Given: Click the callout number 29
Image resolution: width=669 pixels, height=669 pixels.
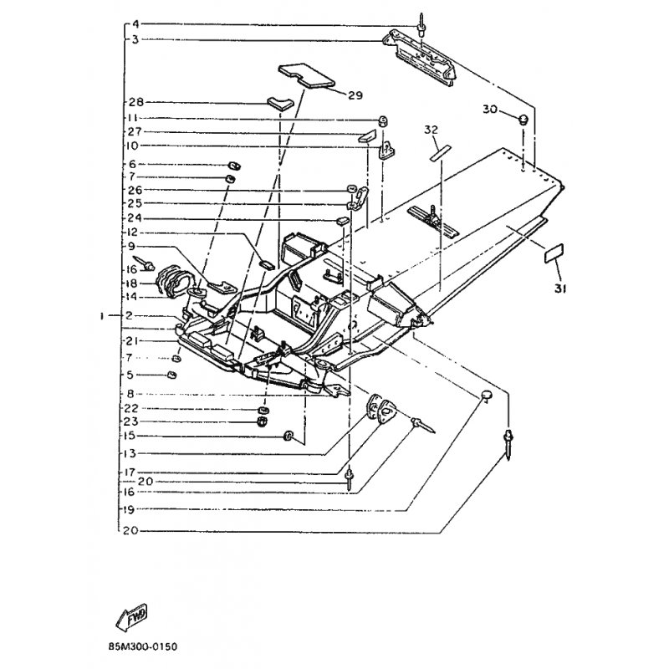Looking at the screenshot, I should click(x=355, y=95).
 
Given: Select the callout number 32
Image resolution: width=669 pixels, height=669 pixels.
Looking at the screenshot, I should click(x=431, y=130).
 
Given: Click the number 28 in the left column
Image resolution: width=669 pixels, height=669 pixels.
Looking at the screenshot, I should click(x=136, y=103).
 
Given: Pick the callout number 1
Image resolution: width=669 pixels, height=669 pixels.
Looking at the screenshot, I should click(x=103, y=317).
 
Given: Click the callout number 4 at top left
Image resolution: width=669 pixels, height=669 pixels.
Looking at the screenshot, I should click(x=136, y=23).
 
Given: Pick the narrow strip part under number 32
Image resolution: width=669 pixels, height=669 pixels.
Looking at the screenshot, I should click(x=439, y=150).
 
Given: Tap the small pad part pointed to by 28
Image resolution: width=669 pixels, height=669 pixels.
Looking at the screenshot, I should click(x=278, y=103).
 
